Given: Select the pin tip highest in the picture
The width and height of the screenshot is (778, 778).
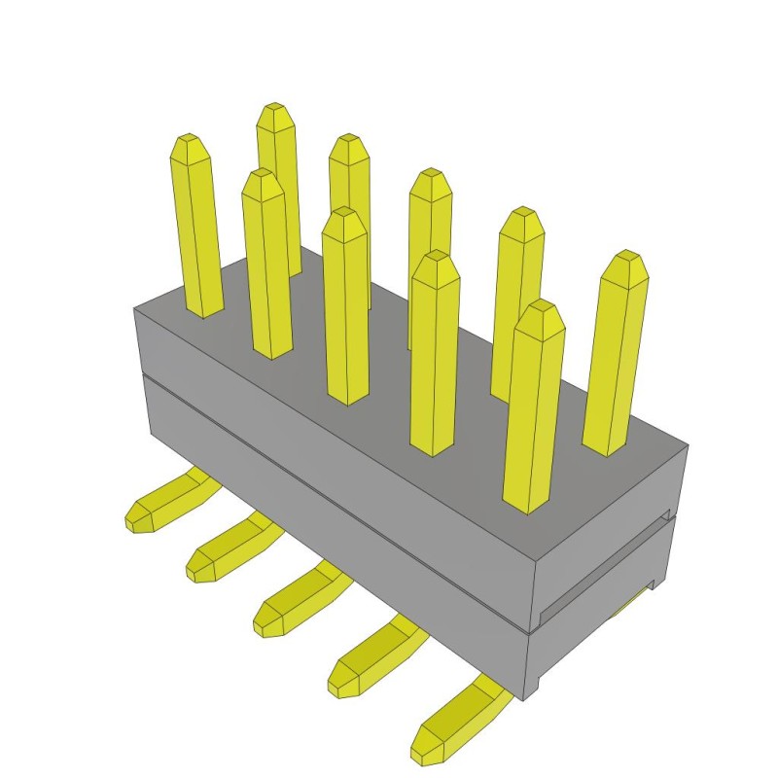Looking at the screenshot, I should pos(277,112).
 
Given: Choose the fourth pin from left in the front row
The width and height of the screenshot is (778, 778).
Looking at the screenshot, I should pos(435,350).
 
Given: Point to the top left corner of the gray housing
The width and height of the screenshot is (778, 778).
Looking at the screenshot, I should pos(135,309).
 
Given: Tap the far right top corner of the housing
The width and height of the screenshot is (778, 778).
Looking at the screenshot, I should pos(688,444).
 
